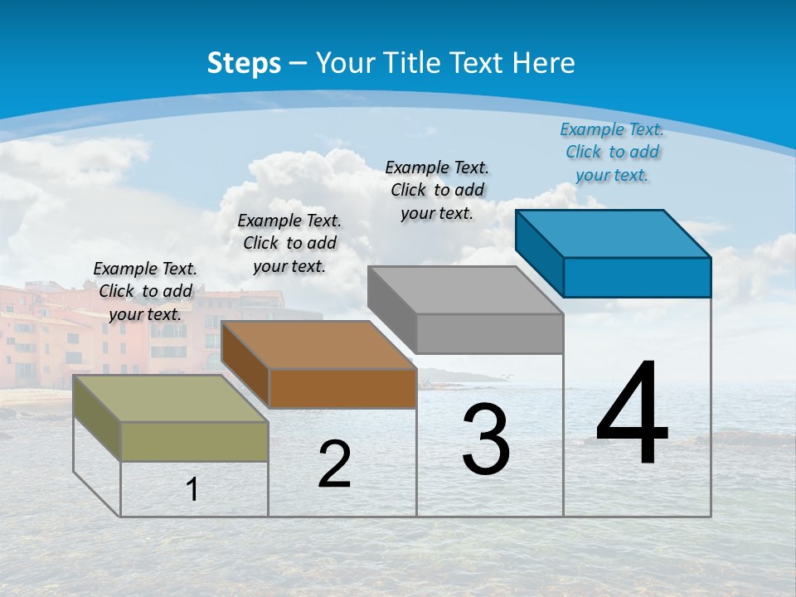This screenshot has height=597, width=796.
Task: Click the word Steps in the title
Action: coord(244,63)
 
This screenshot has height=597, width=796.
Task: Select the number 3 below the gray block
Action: coord(486,439)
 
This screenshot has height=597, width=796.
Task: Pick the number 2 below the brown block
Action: coord(334,464)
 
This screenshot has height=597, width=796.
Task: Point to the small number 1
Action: coord(192,489)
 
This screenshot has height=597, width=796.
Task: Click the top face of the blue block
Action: coord(614,233)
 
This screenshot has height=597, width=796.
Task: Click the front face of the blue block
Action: coord(637,277)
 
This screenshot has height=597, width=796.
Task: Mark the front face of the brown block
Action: coord(342,388)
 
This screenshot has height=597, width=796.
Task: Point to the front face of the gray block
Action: coord(489,333)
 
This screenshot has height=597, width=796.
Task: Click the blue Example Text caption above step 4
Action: coord(612,152)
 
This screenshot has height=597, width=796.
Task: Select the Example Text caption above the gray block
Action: coord(437,190)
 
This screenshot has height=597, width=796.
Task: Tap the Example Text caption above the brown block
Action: coord(289,243)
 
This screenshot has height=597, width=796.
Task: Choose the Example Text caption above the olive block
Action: coord(145,291)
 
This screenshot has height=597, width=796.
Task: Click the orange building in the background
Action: coord(50,332)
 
